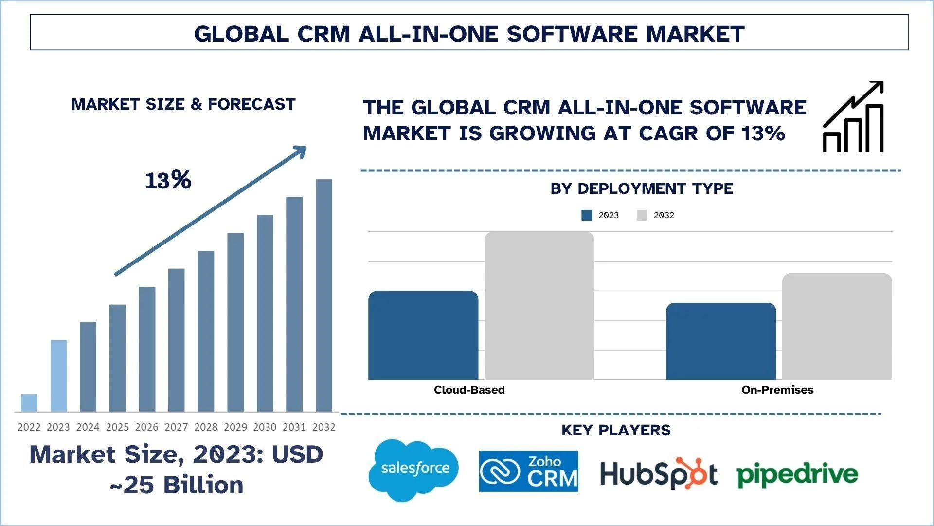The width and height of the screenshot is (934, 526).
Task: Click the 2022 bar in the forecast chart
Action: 29,403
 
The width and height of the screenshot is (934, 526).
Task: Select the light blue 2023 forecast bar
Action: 58,376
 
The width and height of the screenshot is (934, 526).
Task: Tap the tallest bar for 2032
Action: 324,295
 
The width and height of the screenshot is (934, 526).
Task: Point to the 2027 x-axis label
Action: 176,427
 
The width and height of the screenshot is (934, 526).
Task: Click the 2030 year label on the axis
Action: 265,427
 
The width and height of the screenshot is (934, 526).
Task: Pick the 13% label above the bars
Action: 168,181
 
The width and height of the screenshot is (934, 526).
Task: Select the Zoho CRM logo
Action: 528,471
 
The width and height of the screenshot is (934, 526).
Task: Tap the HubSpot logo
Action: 659,473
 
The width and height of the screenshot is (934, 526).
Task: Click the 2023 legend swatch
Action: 587,215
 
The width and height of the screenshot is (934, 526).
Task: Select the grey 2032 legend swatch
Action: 642,215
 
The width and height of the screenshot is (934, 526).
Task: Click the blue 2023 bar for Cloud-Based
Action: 423,336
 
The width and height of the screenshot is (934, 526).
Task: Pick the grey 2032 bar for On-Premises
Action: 837,326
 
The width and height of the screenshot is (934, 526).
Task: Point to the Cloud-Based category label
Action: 469,390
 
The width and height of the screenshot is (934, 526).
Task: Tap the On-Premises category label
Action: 777,390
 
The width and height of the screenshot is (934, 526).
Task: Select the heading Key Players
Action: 616,430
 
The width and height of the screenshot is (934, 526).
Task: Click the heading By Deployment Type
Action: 642,188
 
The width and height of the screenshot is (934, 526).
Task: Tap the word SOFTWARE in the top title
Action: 572,34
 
